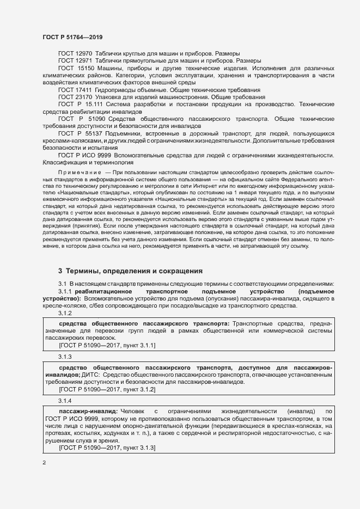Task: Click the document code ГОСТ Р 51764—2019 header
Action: (72, 37)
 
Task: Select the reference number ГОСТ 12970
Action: (75, 53)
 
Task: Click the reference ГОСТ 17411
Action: (75, 89)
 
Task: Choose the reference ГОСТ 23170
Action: (75, 96)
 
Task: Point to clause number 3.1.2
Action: (65, 313)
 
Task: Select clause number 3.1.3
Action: (65, 356)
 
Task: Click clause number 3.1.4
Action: (65, 400)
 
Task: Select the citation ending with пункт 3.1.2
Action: (107, 389)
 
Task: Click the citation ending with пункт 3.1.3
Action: (107, 447)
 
